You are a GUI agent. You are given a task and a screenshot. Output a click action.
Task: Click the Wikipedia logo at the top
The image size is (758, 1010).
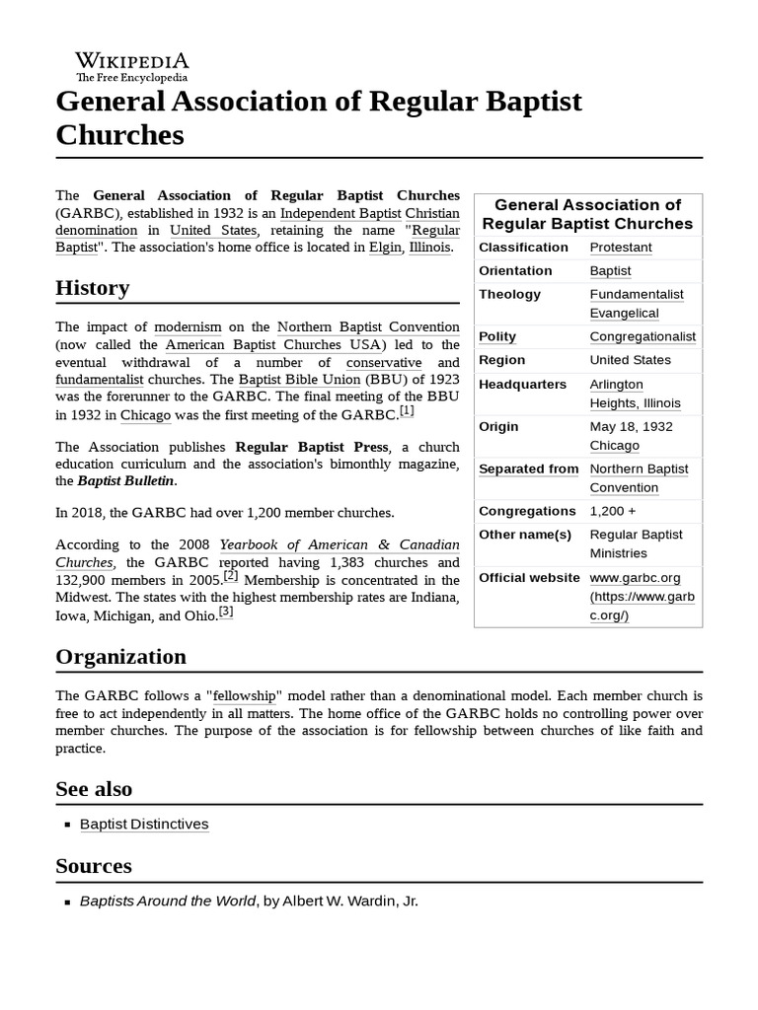tap(132, 66)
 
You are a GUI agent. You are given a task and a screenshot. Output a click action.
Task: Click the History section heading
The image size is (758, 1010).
tap(92, 288)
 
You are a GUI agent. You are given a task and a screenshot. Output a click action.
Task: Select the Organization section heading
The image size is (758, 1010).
tap(120, 657)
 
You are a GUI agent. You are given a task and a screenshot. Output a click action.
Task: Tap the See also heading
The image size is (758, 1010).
tap(94, 789)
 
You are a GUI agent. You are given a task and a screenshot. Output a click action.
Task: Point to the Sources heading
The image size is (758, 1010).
tap(94, 866)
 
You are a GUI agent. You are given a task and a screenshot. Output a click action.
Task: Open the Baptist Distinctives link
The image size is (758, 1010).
tap(144, 824)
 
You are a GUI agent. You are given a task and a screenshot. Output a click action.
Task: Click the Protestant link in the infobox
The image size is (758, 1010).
tap(621, 248)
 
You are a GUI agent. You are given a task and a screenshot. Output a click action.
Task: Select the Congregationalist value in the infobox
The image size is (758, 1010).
tap(643, 336)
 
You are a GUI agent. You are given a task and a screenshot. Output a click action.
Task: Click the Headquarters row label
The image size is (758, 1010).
tap(522, 384)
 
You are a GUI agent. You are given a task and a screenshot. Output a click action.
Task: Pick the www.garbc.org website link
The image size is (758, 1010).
tap(635, 577)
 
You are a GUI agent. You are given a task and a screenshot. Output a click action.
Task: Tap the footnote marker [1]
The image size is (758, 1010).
tap(407, 411)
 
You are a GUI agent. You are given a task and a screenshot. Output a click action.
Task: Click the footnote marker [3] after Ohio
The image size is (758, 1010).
tap(226, 612)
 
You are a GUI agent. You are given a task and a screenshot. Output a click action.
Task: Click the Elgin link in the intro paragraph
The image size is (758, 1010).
tap(385, 248)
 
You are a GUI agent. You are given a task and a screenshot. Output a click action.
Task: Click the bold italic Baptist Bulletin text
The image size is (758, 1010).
tap(127, 481)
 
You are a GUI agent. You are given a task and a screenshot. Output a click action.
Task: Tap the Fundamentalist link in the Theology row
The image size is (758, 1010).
tap(637, 294)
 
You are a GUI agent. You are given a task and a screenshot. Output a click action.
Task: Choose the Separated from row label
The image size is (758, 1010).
tap(528, 469)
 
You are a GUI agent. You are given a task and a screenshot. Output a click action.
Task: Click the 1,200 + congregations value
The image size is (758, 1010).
tap(613, 511)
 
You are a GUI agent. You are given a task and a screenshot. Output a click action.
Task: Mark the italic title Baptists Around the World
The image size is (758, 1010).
tap(167, 902)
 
